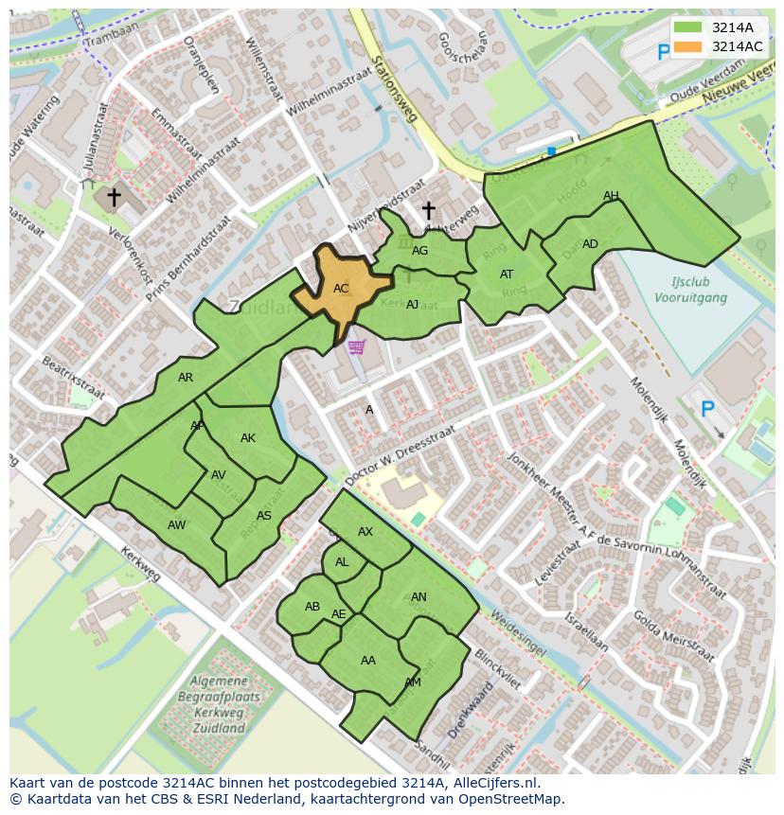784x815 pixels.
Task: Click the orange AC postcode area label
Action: [341, 288]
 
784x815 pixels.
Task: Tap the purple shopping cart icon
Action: [356, 347]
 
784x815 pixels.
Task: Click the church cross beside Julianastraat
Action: [114, 197]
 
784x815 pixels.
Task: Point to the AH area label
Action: [611, 196]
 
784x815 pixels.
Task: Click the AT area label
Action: [507, 275]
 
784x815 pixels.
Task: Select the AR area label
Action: [186, 378]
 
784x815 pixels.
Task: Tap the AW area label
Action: [176, 524]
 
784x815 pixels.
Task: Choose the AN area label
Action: [419, 597]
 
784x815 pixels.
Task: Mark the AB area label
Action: [312, 607]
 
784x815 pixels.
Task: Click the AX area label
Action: [365, 532]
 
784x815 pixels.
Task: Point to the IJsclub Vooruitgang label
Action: [690, 290]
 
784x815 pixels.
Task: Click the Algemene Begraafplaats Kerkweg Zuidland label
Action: [219, 704]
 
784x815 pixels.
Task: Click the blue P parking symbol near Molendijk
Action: [706, 409]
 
